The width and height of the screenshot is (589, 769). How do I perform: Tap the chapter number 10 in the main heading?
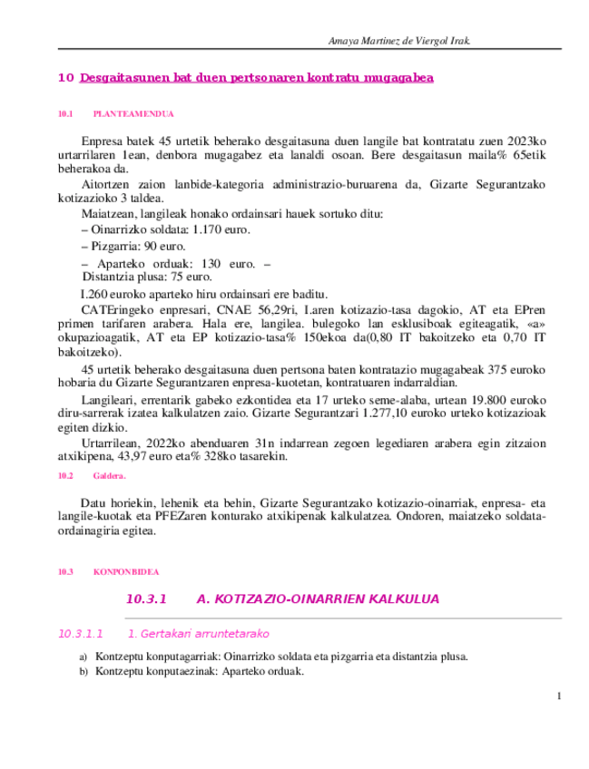(65, 78)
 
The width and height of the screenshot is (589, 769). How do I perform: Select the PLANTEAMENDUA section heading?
(133, 114)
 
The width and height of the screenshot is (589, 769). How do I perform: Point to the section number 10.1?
(64, 114)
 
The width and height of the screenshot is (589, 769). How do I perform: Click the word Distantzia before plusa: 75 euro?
(111, 277)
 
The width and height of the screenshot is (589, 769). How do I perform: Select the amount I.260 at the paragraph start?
(95, 293)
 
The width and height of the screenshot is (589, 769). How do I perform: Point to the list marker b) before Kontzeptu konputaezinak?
(83, 672)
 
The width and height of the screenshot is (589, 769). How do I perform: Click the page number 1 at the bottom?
(559, 696)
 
